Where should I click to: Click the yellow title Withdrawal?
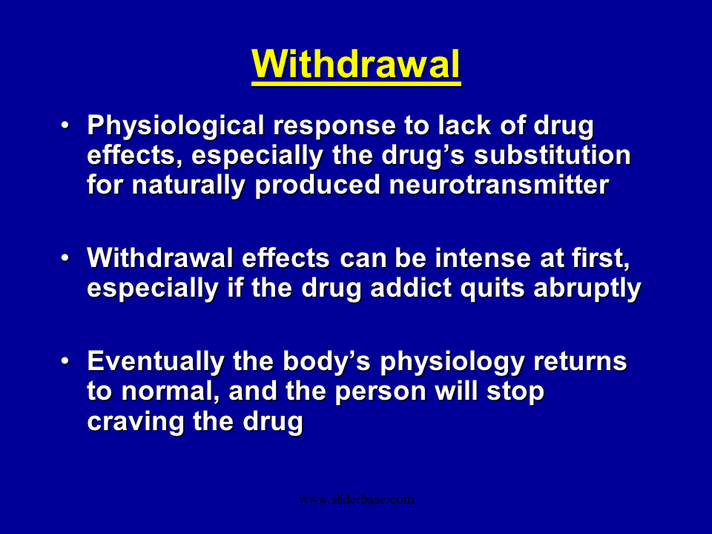click(x=356, y=65)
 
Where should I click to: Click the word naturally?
click(x=191, y=185)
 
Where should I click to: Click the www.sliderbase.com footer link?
click(x=356, y=499)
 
